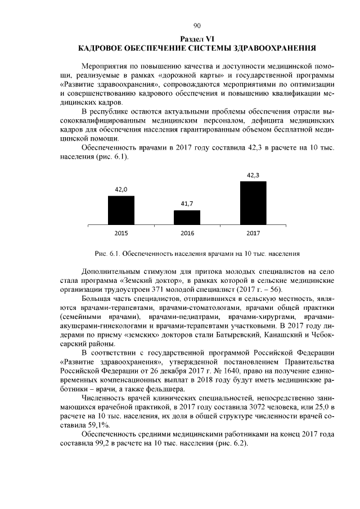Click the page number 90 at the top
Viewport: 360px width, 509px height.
196,26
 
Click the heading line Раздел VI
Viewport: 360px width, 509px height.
196,38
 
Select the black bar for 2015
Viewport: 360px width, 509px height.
121,210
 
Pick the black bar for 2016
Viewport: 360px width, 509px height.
187,218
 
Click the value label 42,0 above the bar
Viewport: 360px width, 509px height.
121,190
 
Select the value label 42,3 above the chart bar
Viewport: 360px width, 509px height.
253,175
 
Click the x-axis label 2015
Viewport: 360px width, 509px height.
121,232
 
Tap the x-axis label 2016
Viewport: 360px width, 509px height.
187,232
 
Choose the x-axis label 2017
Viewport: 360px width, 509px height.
253,232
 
